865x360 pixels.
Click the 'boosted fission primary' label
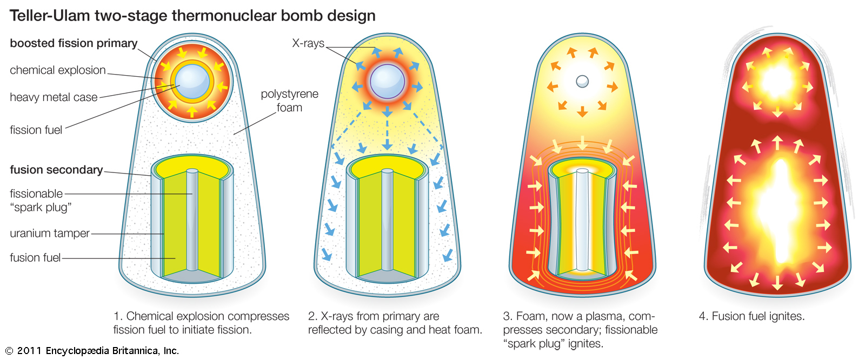point(74,43)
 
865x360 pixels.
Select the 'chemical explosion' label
point(58,70)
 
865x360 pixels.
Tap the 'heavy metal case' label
point(54,97)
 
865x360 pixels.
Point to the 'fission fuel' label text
point(36,130)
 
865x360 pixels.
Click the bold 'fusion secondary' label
point(56,170)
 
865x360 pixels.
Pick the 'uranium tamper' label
point(50,234)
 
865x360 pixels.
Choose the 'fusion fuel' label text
point(35,258)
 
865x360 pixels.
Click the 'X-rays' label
point(308,43)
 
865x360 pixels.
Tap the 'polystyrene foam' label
point(290,101)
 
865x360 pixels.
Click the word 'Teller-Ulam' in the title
point(50,16)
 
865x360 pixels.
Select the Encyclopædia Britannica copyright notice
point(92,351)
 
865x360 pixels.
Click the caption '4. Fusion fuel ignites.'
point(751,316)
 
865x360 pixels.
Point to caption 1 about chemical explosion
point(201,323)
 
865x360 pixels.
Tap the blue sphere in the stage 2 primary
point(387,82)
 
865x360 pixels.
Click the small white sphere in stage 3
point(582,81)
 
